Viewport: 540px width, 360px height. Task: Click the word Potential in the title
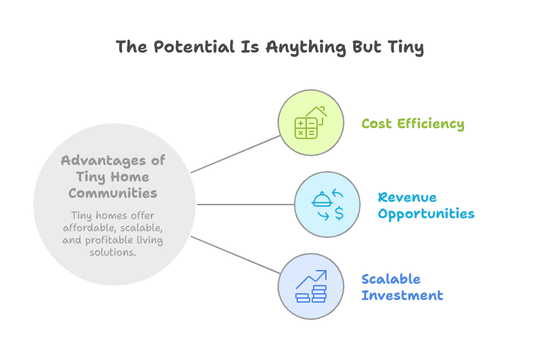coord(194,47)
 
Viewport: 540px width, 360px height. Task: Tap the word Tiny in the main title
coord(406,48)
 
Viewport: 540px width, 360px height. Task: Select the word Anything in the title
coord(306,48)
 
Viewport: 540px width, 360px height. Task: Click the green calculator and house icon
coord(311,123)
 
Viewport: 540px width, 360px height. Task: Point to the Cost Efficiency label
coord(413,123)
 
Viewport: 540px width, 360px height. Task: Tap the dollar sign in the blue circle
coord(340,213)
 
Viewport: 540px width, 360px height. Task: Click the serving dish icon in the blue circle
coord(322,200)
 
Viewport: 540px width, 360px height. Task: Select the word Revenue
coord(407,198)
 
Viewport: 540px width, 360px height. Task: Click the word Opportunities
coord(426,214)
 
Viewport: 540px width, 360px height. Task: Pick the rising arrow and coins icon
coord(312,286)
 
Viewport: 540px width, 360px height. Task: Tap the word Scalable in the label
coord(391,279)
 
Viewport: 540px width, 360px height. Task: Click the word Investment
coord(402,296)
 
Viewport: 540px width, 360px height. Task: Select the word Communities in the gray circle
coord(112,193)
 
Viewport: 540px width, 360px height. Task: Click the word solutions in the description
coord(112,252)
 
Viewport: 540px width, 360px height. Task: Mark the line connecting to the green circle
coord(235,154)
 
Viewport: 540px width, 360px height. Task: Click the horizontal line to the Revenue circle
coord(245,205)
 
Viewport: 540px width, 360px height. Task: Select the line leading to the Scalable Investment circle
coord(235,255)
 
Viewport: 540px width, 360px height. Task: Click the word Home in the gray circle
coord(130,177)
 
